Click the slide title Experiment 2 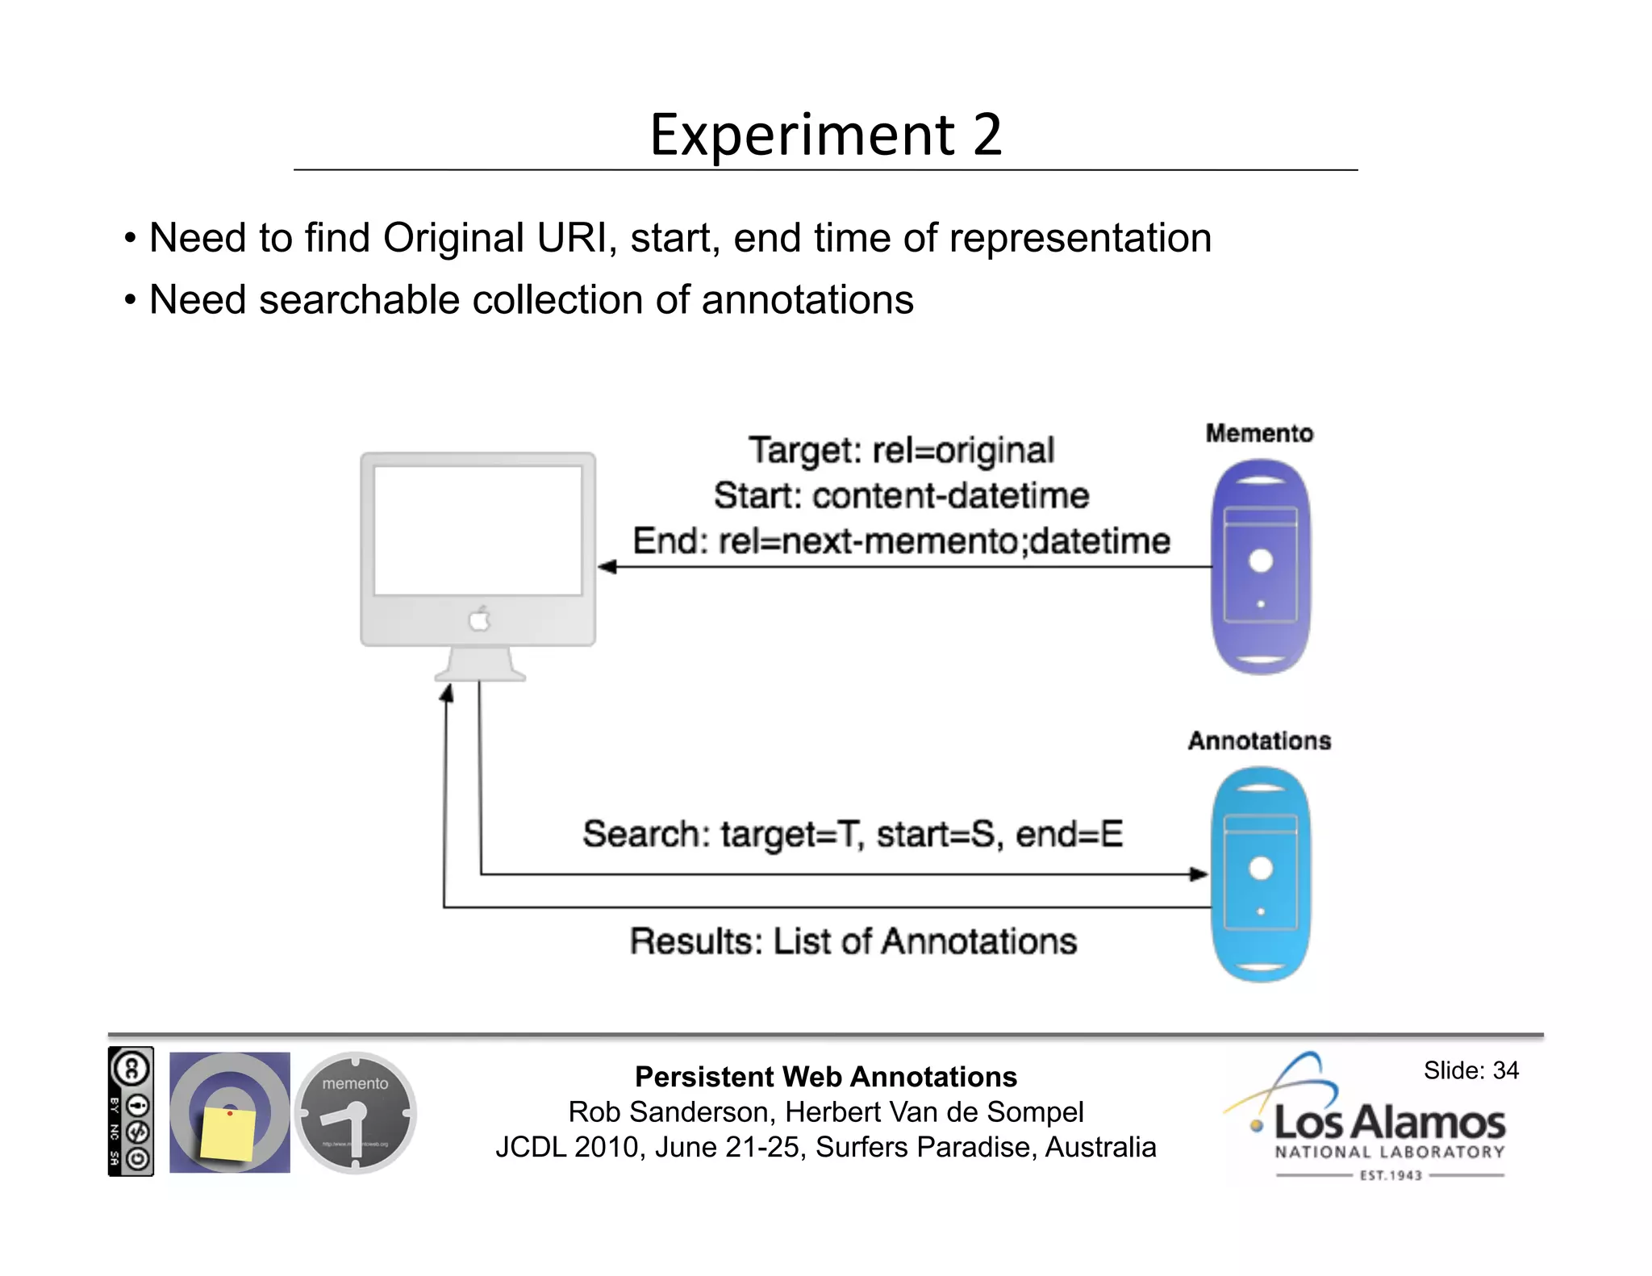(825, 134)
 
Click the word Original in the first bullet (453, 239)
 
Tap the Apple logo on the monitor (480, 619)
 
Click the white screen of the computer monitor (478, 530)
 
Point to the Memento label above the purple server (1258, 434)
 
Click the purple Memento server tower (1260, 566)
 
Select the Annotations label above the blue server (1258, 740)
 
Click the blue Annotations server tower (1260, 874)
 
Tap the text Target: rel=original (901, 450)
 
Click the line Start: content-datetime (901, 495)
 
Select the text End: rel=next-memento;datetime (901, 540)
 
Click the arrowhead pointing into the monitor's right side (607, 567)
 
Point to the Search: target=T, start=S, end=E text (853, 834)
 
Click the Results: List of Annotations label (853, 941)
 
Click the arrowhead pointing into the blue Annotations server (1199, 874)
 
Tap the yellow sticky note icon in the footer (228, 1132)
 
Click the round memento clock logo (355, 1112)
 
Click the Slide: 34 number (1471, 1070)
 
